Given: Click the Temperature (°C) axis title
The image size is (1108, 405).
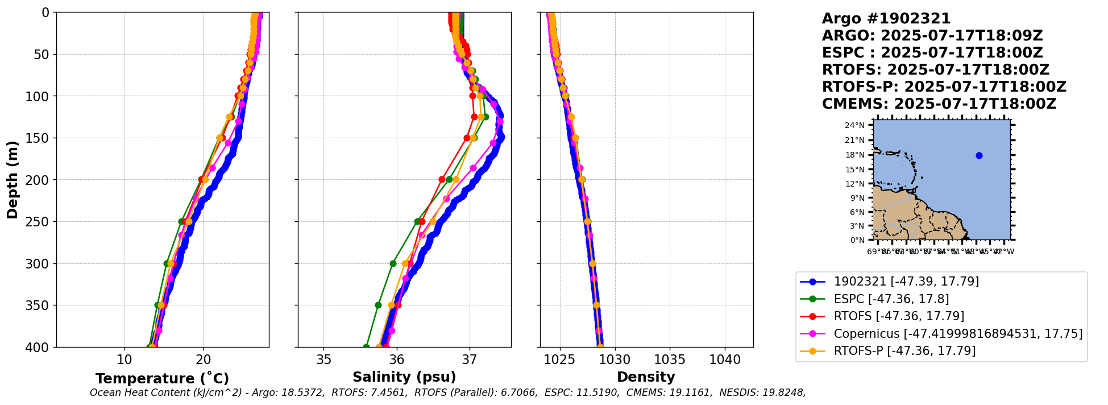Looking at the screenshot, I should point(162,379).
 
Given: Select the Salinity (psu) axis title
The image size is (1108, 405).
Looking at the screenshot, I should point(404,377).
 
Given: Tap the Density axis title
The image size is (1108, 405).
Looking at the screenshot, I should point(646,377).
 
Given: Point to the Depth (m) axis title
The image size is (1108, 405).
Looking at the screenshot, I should point(12,179).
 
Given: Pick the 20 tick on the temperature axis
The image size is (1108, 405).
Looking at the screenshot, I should point(203,360).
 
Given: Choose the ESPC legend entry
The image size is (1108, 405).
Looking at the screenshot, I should point(891,299).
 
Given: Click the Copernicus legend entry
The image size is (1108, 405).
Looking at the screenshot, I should point(957,334).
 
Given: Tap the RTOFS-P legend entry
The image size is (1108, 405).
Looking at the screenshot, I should point(904,351).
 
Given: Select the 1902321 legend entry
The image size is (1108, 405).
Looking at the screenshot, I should point(906,282).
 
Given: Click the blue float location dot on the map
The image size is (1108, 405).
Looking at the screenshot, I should point(979,156).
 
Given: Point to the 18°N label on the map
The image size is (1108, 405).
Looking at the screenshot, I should point(855,155).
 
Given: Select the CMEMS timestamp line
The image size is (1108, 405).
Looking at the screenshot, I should point(939,104).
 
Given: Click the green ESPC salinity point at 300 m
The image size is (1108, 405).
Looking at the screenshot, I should point(393,263).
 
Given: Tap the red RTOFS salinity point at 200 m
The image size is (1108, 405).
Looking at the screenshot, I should point(442,179).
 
